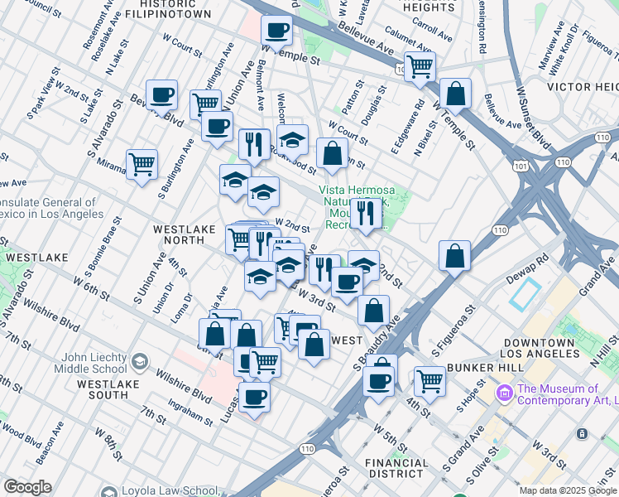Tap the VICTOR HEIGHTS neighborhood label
[x=583, y=86]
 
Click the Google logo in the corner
[x=27, y=487]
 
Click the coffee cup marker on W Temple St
[x=276, y=31]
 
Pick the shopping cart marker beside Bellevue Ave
[x=420, y=67]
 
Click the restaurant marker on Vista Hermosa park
[x=364, y=214]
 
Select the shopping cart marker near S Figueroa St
[x=429, y=382]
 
